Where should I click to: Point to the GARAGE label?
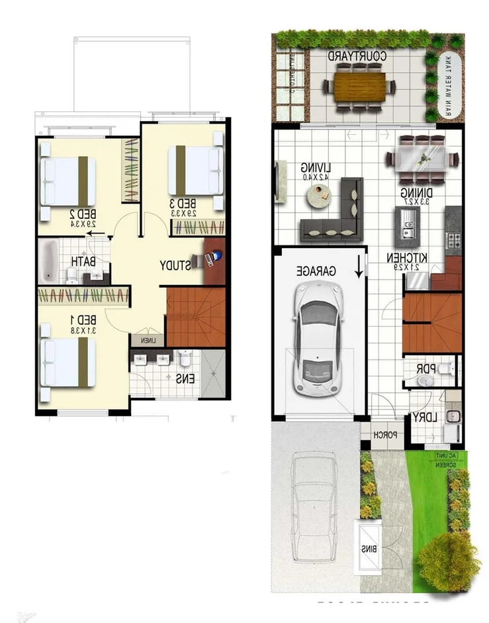316,271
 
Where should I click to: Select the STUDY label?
173,265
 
